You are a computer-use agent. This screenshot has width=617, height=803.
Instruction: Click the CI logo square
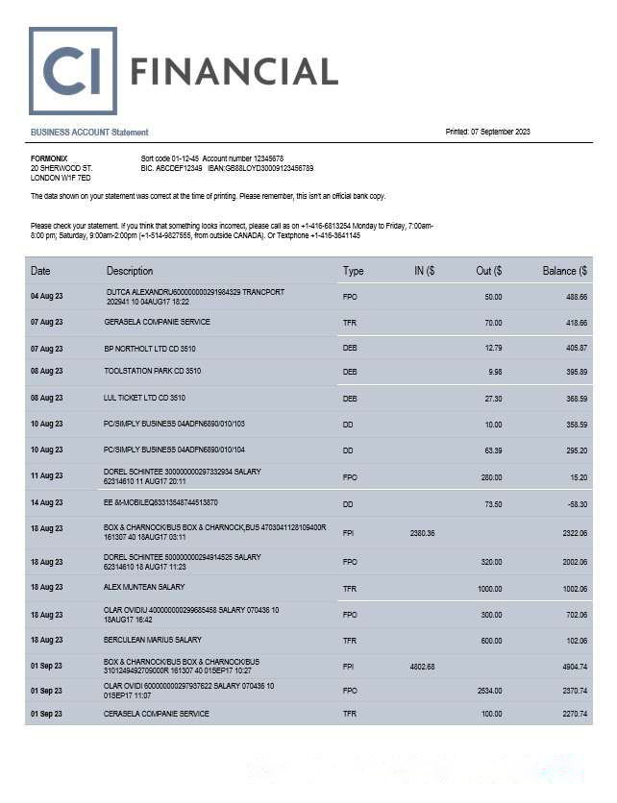tap(73, 71)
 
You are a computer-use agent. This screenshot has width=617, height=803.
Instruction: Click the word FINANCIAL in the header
tap(234, 71)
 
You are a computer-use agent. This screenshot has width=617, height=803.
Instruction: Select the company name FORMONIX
tap(49, 158)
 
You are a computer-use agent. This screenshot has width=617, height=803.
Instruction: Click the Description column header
tap(130, 271)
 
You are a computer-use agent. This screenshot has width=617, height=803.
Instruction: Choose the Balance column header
tap(564, 271)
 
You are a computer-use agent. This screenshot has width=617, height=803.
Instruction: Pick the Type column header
tap(353, 271)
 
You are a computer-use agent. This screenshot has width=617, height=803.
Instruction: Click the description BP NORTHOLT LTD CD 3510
tap(150, 348)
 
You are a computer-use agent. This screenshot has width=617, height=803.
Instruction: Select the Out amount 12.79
tap(493, 348)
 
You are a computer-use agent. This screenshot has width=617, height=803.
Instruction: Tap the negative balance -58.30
tap(576, 502)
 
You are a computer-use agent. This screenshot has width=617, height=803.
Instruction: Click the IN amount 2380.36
tap(423, 532)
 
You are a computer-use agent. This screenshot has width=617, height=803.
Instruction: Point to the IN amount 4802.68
tap(423, 667)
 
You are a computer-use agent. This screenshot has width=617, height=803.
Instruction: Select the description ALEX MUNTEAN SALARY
tap(144, 587)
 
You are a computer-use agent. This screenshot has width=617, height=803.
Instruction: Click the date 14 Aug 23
tap(46, 502)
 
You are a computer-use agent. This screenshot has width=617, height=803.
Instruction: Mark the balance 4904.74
tap(574, 667)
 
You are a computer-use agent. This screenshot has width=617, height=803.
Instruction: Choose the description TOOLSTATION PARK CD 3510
tap(152, 371)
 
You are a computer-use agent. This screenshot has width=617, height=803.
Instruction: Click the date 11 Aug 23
tap(46, 475)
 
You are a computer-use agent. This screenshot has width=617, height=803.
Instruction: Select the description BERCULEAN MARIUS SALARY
tap(153, 640)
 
